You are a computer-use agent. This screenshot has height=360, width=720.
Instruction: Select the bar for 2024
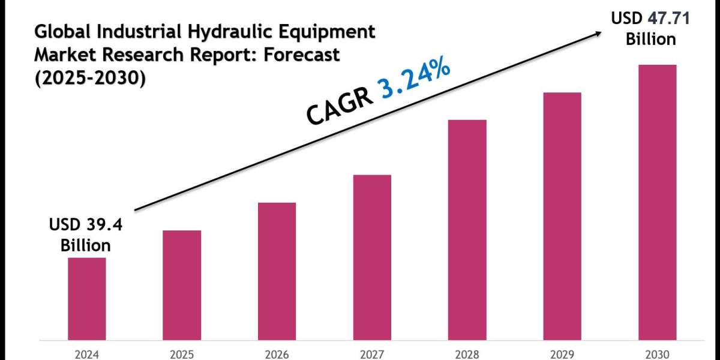[86, 299]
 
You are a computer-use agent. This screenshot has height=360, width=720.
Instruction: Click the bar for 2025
[182, 285]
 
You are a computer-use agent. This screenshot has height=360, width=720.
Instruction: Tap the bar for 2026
[277, 271]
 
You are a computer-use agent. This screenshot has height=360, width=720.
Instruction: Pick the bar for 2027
[372, 257]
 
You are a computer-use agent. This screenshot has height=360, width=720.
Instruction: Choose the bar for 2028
[467, 230]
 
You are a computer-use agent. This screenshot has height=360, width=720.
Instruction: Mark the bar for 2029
[562, 216]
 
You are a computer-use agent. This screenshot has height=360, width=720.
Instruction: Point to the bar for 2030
[657, 202]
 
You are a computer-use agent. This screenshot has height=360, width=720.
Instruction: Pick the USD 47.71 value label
[650, 19]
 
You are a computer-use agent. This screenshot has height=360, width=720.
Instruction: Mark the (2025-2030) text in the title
[90, 77]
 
